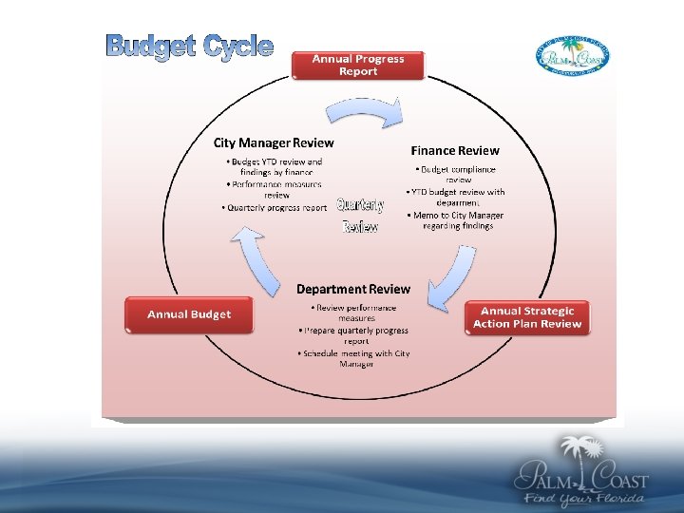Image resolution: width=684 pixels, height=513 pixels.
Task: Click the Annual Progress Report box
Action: point(359,65)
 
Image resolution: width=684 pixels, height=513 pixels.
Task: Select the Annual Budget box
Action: point(189,314)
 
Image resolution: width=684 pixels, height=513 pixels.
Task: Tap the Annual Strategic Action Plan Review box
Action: point(527,317)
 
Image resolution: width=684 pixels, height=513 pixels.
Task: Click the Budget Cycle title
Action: point(190,46)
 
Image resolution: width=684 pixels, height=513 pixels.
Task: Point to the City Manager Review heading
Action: point(273,142)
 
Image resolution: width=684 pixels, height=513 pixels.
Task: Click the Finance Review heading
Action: point(455,150)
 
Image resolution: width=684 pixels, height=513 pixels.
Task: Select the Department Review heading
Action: point(353,289)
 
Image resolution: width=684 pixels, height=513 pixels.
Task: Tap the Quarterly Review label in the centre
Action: point(361,216)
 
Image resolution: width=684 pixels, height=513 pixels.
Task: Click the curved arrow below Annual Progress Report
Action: point(364,112)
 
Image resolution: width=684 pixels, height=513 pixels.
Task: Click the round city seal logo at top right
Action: point(574,58)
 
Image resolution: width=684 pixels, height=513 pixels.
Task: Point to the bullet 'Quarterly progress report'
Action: point(276,207)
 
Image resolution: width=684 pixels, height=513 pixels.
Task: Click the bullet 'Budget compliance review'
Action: point(458,174)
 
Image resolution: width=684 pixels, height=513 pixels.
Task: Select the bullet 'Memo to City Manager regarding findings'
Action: point(458,220)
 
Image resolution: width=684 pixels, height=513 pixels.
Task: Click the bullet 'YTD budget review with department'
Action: point(458,197)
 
